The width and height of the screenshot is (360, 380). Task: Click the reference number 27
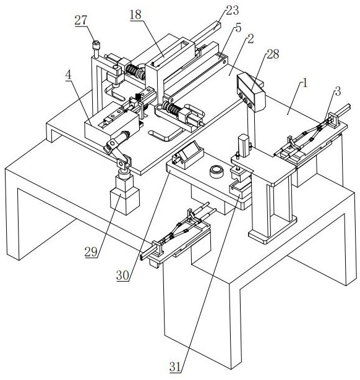click(x=81, y=20)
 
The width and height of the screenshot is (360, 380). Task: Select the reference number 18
click(x=135, y=15)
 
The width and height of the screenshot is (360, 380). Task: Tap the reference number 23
click(x=233, y=11)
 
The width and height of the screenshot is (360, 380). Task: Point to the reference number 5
click(x=239, y=28)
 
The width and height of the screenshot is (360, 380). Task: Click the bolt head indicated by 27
click(x=96, y=45)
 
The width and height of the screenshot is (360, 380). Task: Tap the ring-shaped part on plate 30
click(x=216, y=172)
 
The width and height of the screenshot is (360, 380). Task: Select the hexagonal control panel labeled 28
click(x=251, y=92)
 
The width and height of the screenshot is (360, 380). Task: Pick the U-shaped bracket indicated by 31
click(x=240, y=189)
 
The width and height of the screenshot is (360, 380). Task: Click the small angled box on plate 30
click(x=187, y=155)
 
